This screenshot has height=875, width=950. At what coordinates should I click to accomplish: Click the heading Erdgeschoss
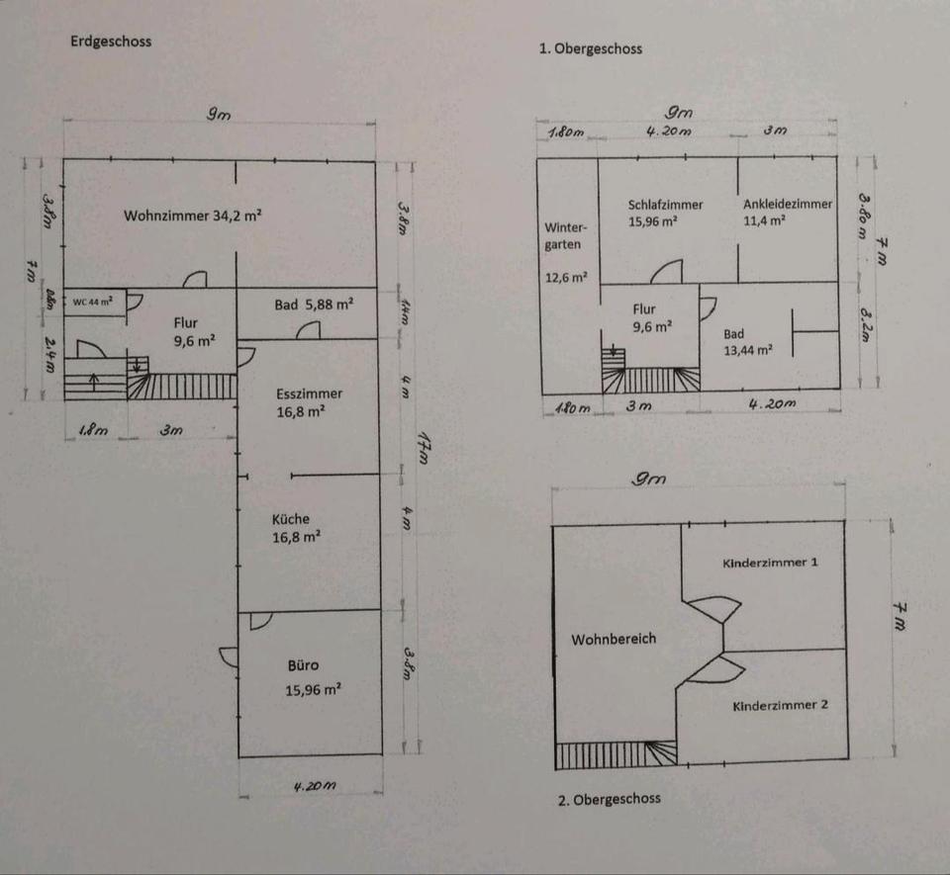tap(111, 42)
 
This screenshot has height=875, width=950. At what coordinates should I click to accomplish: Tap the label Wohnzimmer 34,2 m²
tap(193, 215)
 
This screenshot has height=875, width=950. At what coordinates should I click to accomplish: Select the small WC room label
tap(92, 302)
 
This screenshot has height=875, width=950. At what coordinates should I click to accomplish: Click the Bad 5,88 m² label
tap(314, 305)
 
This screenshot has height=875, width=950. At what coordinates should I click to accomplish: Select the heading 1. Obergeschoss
tap(591, 47)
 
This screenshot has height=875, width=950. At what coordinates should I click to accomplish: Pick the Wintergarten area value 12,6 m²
tap(566, 278)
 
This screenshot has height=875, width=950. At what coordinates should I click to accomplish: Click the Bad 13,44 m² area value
tap(748, 349)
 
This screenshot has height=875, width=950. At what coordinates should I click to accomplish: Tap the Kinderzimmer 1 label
tap(770, 563)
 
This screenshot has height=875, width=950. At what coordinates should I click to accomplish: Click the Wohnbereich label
tap(614, 639)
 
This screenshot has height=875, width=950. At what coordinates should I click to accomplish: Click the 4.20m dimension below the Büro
tap(315, 786)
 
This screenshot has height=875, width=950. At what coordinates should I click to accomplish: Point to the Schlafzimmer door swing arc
tap(669, 270)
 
